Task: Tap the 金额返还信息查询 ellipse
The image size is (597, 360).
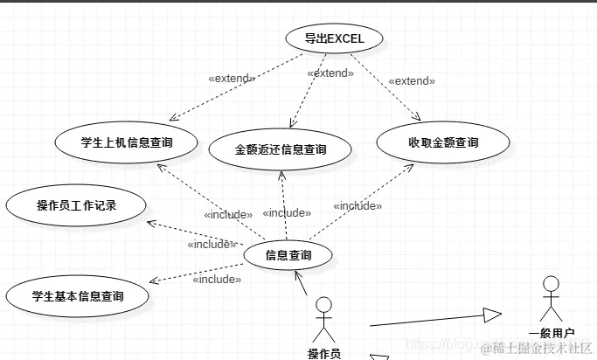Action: coord(281,149)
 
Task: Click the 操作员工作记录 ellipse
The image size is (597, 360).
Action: coord(77,206)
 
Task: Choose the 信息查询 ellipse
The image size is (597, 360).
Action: coord(287,256)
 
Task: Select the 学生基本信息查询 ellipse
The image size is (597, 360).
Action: coord(77,296)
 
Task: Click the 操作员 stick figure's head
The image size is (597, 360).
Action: coord(324,305)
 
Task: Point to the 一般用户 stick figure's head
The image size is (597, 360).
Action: coord(551,284)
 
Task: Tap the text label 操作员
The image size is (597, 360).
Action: coord(324,353)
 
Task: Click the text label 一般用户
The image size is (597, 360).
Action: coord(552,332)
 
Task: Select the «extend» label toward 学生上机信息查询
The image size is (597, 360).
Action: coord(232,79)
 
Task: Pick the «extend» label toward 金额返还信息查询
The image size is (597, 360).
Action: coord(330,73)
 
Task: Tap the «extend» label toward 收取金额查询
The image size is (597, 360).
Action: coord(411,81)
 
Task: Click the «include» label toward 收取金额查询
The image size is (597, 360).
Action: coord(358,206)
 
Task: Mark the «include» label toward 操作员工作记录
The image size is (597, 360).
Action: coord(212,244)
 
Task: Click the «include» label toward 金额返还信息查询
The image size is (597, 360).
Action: coord(287,213)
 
